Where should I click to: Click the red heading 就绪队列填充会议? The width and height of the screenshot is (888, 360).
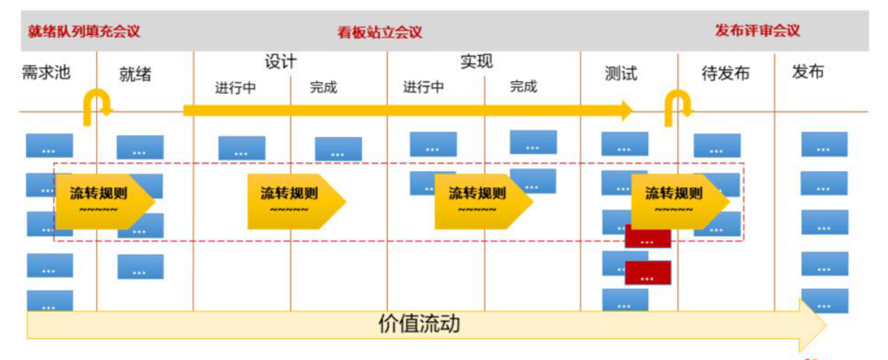(83, 31)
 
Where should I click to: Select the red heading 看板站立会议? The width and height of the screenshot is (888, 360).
(379, 32)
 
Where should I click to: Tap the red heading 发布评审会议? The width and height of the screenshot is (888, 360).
(757, 31)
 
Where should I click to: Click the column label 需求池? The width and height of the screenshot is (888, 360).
(46, 72)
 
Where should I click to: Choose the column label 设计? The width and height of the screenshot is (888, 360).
(281, 62)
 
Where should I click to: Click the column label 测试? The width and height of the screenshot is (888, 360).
(621, 74)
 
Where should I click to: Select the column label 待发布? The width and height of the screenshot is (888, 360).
(725, 74)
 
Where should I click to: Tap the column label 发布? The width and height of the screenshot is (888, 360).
(808, 72)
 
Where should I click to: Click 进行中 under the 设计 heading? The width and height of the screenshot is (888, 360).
(235, 88)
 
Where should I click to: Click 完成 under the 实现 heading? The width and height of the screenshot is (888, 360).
(523, 87)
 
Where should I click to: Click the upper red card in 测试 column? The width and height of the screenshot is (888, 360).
(647, 238)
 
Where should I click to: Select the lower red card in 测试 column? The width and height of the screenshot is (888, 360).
(647, 273)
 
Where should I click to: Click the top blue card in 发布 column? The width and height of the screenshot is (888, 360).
(824, 145)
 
